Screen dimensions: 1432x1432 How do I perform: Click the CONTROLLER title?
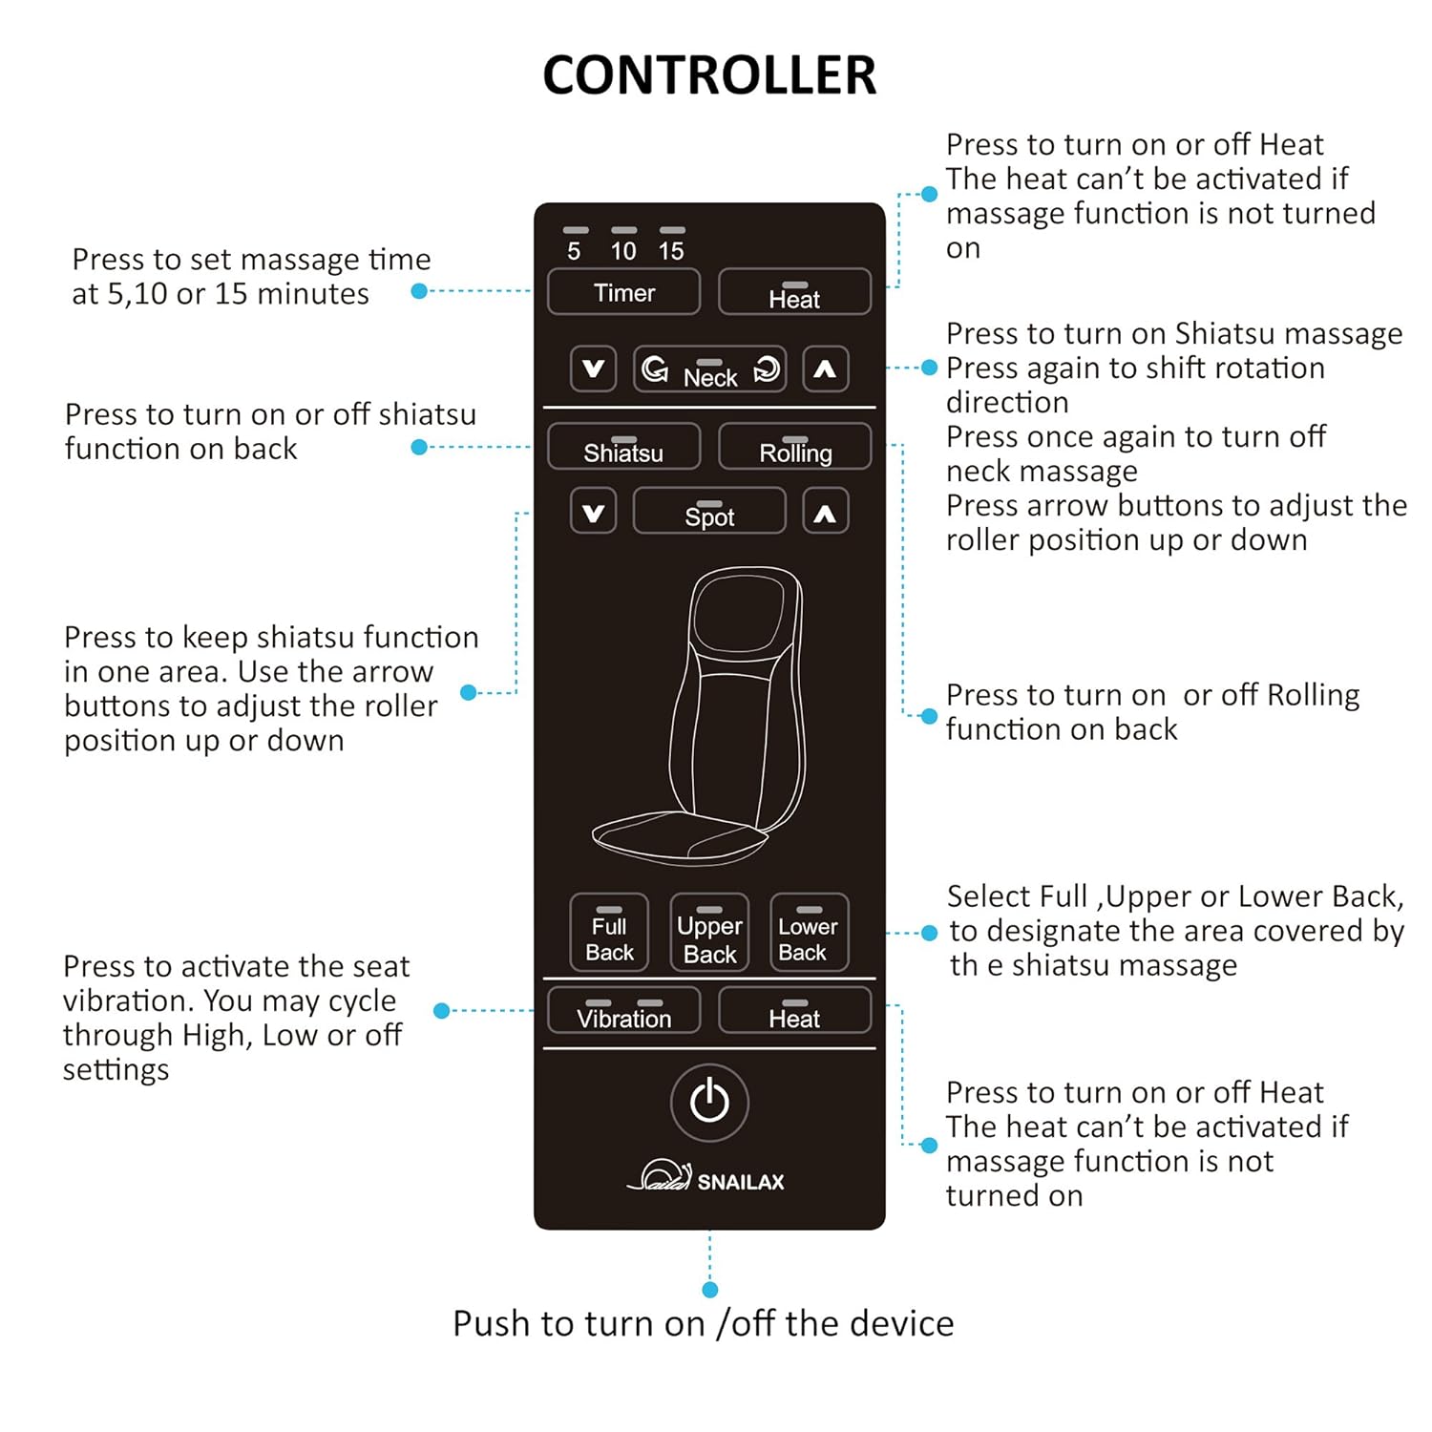click(x=708, y=75)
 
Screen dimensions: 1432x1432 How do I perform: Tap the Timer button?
click(x=623, y=292)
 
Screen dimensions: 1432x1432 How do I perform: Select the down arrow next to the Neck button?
click(x=593, y=369)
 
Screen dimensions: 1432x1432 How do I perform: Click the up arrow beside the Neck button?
click(x=825, y=369)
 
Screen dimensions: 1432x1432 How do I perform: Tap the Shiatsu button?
click(x=623, y=447)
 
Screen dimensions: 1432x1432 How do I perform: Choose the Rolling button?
click(x=794, y=447)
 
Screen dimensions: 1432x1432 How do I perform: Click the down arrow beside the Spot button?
click(x=593, y=512)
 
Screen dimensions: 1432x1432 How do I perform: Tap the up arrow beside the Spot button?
click(x=825, y=512)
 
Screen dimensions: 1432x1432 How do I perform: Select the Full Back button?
click(x=609, y=933)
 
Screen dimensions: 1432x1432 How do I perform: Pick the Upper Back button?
click(x=709, y=933)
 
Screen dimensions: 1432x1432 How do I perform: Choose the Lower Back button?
click(x=809, y=933)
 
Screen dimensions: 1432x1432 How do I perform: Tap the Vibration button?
click(x=623, y=1011)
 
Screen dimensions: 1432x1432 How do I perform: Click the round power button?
click(x=709, y=1102)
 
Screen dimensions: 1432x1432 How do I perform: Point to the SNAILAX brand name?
click(x=740, y=1182)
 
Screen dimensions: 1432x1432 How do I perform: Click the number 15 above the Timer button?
click(x=671, y=251)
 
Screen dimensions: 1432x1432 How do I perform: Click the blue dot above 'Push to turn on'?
click(x=709, y=1290)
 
